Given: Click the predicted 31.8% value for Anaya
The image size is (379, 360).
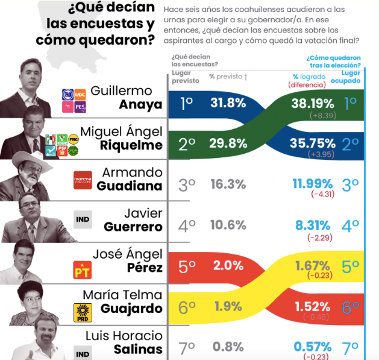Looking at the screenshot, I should pos(227,103).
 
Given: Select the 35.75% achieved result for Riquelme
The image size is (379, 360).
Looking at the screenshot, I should pos(313,143).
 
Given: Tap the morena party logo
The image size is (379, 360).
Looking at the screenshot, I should pos(83,180).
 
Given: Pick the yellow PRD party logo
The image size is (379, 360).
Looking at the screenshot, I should pos(83,311).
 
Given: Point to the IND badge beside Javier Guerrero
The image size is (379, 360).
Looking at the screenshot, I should pos(83,219).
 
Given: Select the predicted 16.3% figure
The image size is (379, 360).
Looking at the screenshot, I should pos(227,185).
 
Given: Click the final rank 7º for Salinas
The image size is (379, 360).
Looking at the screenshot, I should pos(350,348).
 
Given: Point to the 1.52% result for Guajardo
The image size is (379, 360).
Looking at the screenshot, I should pos(313,307).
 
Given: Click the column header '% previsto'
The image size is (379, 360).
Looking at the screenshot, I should pos(227,77).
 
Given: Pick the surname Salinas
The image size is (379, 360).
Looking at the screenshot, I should pos(138,349).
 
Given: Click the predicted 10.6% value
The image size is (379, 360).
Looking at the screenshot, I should pos(227,226).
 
